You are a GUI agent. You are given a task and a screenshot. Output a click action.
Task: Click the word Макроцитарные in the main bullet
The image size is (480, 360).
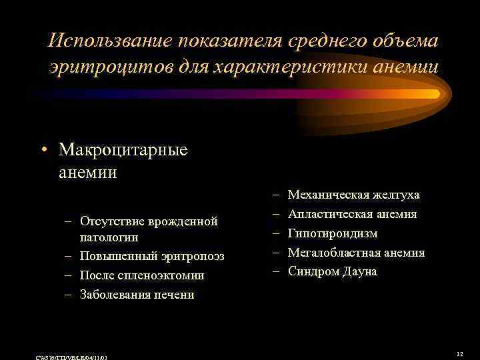coord(123,149)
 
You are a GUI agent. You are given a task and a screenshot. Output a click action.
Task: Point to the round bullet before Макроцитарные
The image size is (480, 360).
coord(44,150)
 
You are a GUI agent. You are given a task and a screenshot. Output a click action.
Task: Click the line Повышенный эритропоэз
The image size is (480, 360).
coord(152,257)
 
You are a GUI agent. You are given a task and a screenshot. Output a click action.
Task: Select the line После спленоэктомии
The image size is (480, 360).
coord(141,275)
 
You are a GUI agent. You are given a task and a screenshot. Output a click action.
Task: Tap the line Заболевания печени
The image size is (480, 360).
coord(137,294)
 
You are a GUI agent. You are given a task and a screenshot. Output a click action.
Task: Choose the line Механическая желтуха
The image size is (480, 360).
coord(353,195)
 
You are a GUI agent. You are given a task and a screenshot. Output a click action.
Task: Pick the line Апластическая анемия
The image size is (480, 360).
coord(352,214)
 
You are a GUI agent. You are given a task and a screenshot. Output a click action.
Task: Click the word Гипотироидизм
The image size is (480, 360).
coord(332,233)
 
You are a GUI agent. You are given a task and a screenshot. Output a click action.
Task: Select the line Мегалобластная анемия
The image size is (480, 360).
coord(356,253)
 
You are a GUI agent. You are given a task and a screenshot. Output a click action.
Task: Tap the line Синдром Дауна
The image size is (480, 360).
coord(332,271)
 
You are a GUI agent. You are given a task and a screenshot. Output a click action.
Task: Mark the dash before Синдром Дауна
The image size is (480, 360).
coord(275,271)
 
